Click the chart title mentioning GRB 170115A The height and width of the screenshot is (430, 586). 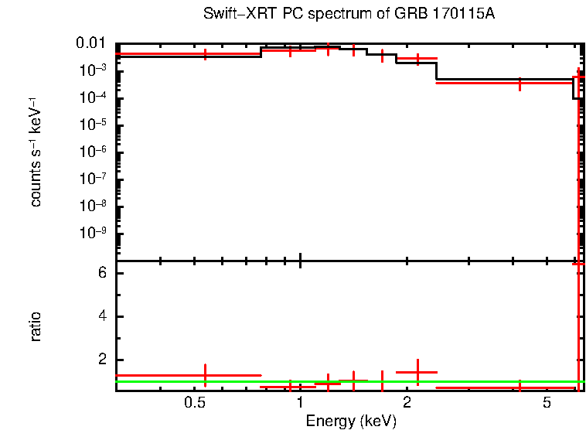[x=349, y=14]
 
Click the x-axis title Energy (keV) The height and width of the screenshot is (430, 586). [x=350, y=421]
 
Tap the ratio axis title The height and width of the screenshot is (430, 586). [x=36, y=326]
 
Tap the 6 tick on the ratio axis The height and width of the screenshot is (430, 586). [x=101, y=274]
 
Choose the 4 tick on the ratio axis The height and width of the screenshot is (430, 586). [x=101, y=317]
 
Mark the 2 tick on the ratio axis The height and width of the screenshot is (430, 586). [x=101, y=360]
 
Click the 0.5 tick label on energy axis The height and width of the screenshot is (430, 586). [x=195, y=404]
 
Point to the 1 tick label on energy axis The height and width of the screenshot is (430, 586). [x=300, y=404]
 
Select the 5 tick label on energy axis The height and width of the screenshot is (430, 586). [x=546, y=404]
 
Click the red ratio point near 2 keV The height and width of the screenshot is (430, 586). [x=417, y=372]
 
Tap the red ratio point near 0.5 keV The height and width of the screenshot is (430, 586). [x=205, y=375]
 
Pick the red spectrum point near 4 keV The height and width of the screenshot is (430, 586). [x=520, y=83]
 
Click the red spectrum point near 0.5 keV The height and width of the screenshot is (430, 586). [x=205, y=54]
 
